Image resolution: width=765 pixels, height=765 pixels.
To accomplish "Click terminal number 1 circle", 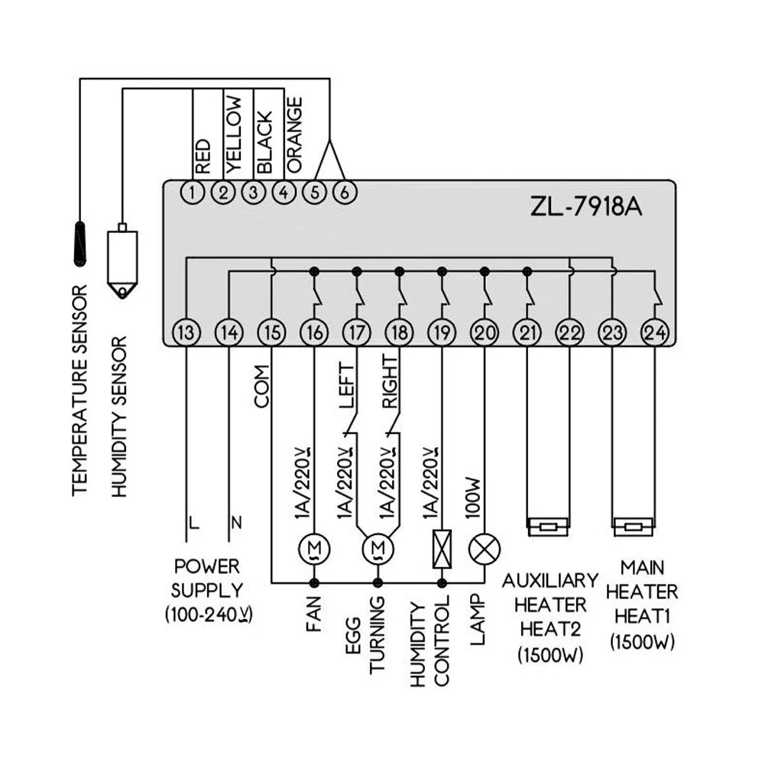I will tap(194, 193).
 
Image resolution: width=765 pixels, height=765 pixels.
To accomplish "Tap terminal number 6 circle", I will tap(345, 193).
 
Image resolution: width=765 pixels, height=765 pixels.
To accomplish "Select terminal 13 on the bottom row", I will tap(186, 332).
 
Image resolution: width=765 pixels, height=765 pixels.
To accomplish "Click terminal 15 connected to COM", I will tap(271, 332).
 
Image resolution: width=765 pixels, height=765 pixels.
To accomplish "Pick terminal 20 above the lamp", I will tap(484, 332).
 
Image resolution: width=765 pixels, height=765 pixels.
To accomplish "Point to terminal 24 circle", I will tap(654, 332).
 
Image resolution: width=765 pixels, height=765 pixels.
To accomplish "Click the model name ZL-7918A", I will tap(586, 207).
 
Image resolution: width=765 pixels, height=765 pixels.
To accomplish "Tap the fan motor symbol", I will tap(314, 549).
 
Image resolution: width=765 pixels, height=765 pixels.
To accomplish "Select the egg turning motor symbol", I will tap(377, 549).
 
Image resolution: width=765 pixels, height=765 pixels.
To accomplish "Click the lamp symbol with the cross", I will tap(484, 549).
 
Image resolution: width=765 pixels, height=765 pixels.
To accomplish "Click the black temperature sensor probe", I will tap(80, 243).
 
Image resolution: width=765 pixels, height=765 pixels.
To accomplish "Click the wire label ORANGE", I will tap(294, 135).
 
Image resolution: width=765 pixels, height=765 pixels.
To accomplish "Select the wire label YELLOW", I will tap(234, 135).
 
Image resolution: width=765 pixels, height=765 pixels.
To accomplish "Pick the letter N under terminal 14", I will tap(235, 524).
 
